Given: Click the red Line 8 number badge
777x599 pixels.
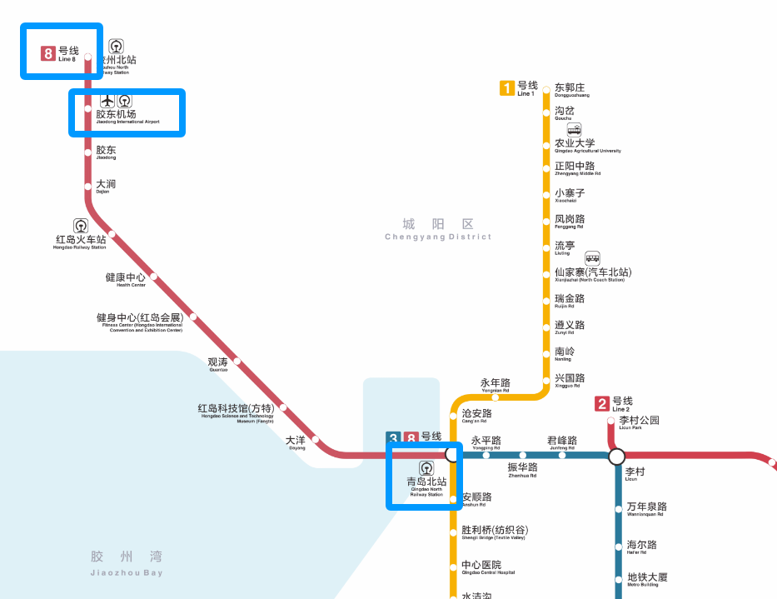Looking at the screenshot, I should (x=48, y=54).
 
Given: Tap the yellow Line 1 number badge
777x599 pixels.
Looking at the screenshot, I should (x=506, y=87).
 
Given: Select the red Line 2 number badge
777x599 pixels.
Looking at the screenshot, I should (x=602, y=405).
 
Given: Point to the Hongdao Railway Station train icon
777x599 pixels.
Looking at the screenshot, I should (x=81, y=225).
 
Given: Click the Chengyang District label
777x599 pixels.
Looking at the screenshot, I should (x=438, y=229).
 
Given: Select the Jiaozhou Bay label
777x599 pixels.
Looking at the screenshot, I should (x=127, y=562).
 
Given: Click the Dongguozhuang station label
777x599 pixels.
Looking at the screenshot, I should (x=570, y=90).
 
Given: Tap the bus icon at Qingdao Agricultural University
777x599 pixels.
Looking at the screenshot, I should (x=575, y=129).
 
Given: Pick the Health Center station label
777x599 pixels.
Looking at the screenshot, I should (x=126, y=279).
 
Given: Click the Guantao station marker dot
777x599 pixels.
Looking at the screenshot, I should (x=237, y=362).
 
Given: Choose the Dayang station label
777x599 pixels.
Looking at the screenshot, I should (x=296, y=442).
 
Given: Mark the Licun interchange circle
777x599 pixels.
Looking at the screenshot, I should (x=616, y=456).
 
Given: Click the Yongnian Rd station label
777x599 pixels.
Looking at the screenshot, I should (x=496, y=385).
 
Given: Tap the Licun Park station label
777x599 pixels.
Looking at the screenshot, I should (x=639, y=422).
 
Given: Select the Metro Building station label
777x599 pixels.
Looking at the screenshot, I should (x=647, y=579).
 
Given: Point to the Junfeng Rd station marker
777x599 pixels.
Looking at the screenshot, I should (x=562, y=455).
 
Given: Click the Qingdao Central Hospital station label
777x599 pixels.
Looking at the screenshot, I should (x=487, y=567).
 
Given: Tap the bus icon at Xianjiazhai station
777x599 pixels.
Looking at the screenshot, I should (x=592, y=257).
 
